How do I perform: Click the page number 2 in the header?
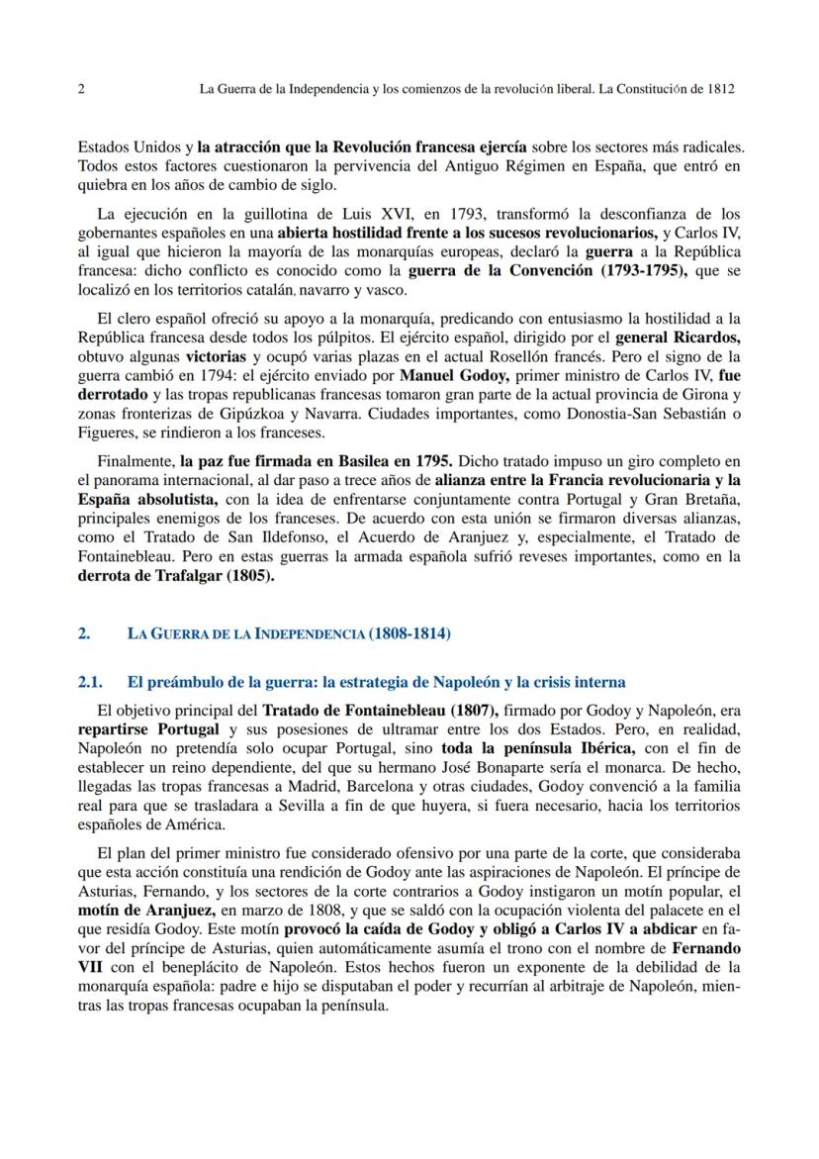[79, 88]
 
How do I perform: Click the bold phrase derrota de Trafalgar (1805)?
[176, 575]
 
